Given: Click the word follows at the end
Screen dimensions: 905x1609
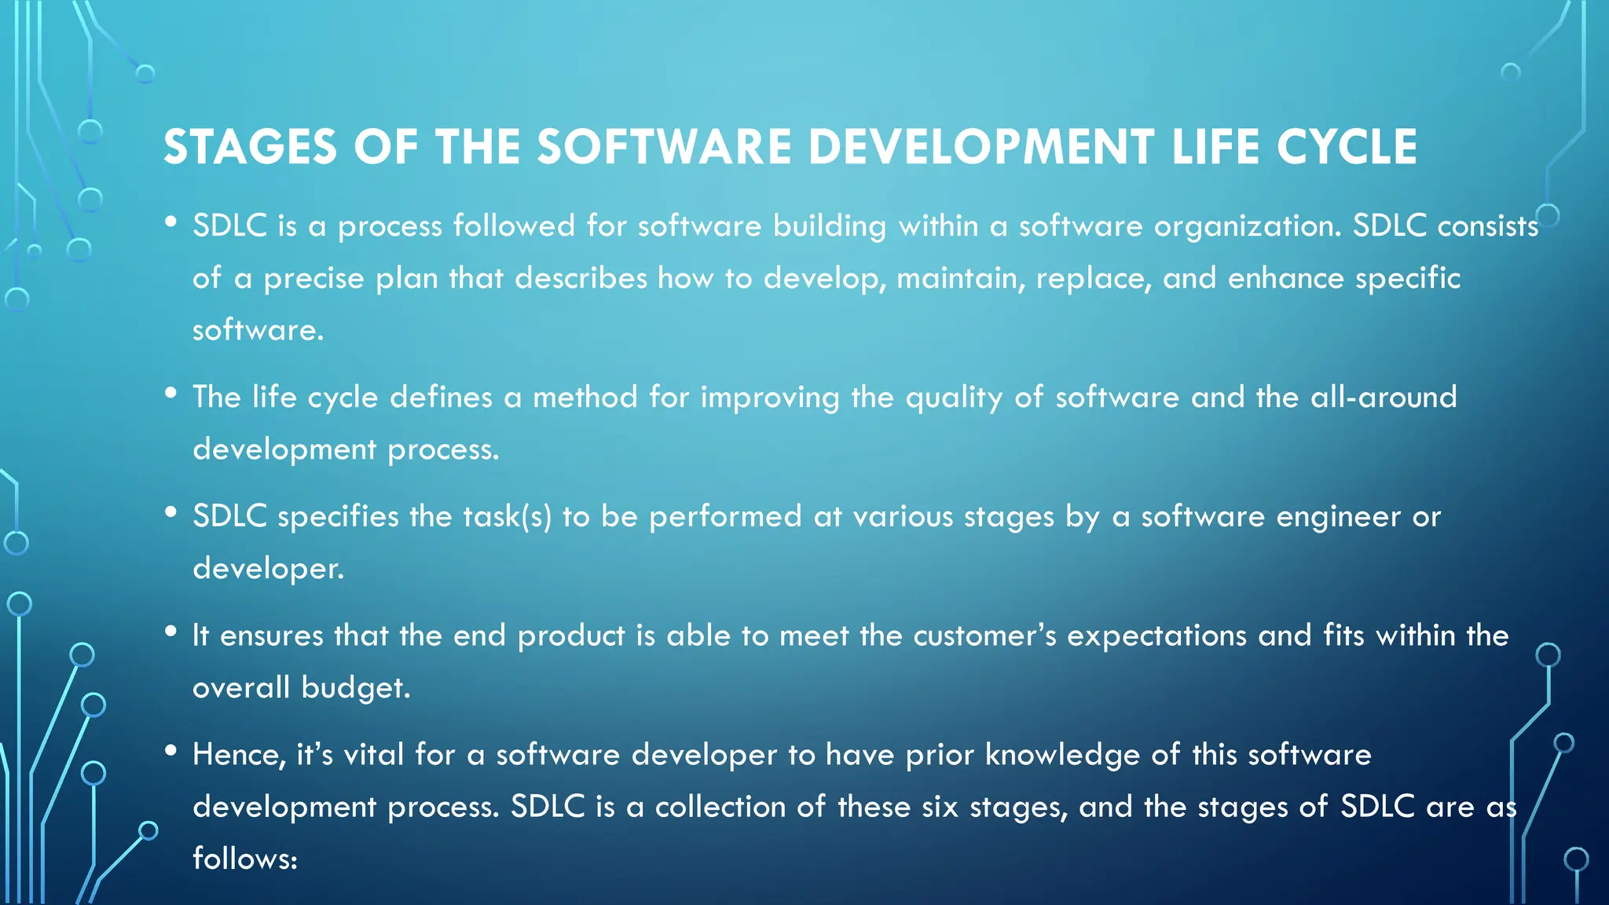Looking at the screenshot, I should tap(244, 859).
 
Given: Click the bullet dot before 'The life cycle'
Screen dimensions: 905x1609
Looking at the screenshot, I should tap(170, 393).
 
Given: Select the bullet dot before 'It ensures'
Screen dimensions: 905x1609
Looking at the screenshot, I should tap(170, 631).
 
